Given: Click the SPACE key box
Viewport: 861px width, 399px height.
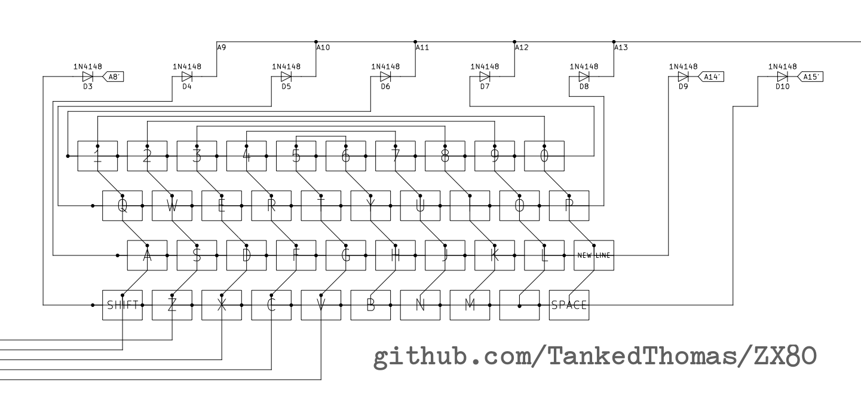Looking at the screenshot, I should point(569,305).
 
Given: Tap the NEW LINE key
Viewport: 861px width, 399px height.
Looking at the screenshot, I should point(594,255).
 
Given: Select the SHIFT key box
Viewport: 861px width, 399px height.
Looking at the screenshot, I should point(122,305).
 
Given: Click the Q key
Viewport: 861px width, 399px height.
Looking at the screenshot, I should point(122,206).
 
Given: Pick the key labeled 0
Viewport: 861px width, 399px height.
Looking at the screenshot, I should point(544,156).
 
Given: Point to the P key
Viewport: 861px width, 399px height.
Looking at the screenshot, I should point(569,206).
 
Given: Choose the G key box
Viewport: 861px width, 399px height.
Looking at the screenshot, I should point(345,255).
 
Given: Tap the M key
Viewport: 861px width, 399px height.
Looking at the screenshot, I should point(470,305).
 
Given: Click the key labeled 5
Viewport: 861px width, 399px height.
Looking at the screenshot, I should point(296,156).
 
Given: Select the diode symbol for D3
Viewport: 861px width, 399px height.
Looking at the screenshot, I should point(88,77).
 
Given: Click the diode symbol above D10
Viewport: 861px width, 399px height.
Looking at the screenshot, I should point(782,77).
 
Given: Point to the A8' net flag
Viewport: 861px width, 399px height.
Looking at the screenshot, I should point(113,77).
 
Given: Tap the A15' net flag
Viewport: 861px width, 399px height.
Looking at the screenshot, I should point(809,77).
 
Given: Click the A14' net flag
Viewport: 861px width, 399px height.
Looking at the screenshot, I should point(710,77).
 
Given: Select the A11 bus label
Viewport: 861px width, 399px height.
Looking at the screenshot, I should point(422,48).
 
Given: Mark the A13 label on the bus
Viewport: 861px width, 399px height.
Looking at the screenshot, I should point(621,48).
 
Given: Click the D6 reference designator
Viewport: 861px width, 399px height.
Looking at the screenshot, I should point(385,87).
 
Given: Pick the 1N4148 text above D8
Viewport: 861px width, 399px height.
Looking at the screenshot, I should point(584,66).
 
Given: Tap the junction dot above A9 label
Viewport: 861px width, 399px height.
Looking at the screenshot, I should point(217,42).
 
